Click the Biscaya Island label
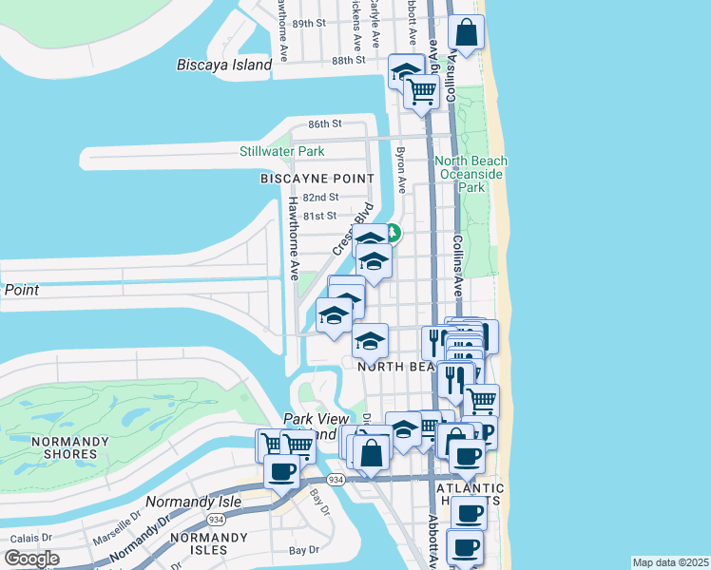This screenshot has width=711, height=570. point(224,65)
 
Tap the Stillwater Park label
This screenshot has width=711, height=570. point(281,151)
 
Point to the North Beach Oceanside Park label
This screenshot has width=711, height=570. point(471,175)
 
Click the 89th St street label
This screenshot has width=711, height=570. point(309,23)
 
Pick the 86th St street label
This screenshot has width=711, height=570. point(324,124)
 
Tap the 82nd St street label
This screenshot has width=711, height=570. point(320,197)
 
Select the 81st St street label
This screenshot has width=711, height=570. point(320,216)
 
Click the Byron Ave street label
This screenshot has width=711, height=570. point(401,164)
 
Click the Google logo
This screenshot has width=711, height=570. point(31,559)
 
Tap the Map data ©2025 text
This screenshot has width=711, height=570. point(670,562)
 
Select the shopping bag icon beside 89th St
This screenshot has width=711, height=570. point(467,34)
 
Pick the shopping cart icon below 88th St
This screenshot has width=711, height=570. point(421,92)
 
